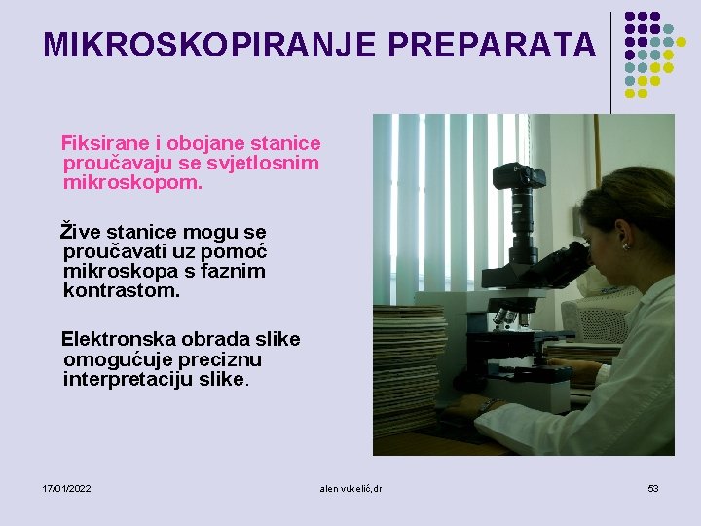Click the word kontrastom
point(121,290)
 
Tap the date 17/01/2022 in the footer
point(67,487)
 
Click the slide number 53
point(653,487)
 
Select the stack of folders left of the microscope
point(409,370)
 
